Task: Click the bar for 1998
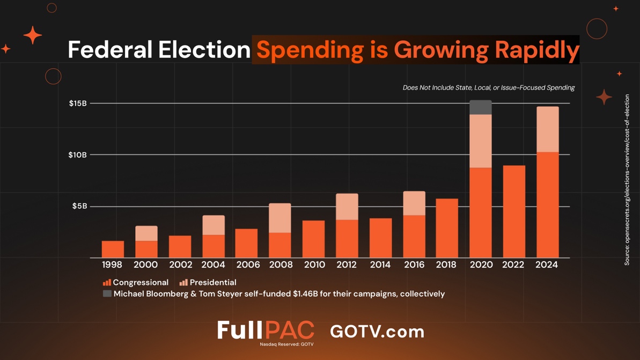coord(113,249)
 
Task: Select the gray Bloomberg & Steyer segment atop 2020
coord(480,107)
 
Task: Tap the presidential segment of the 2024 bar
coord(547,129)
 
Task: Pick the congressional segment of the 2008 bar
coord(280,245)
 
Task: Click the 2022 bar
coord(514,211)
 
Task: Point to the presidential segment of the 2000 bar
coord(146,233)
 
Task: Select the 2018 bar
coord(447,228)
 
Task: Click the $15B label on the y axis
coord(78,103)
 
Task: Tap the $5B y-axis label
coord(79,206)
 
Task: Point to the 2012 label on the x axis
coord(347,265)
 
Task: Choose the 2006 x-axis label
coord(248,265)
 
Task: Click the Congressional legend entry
coord(136,282)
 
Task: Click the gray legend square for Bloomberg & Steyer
coord(107,293)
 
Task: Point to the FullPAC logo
coord(266,330)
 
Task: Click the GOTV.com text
coord(377,331)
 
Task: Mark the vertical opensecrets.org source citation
coord(627,180)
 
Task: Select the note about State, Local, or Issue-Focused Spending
coord(488,87)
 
